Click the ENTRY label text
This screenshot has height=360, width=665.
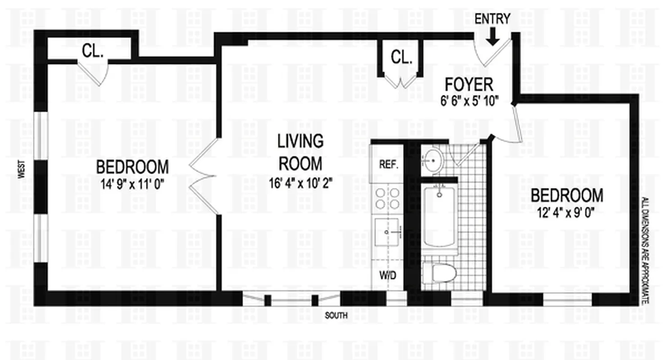coord(493,19)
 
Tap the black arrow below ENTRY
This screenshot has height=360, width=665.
coord(493,36)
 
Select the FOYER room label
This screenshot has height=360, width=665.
coord(469,84)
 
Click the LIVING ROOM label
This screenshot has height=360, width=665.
coord(300,152)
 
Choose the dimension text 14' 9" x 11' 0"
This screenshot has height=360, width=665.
coord(132,183)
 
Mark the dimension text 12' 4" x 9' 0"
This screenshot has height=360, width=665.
coord(566,211)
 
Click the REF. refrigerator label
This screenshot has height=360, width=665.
coord(388,165)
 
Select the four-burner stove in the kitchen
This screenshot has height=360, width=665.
coord(387,198)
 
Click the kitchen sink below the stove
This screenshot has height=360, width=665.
coord(387,232)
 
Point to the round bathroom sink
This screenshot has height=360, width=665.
coord(434,159)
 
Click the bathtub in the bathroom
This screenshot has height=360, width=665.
coord(439,216)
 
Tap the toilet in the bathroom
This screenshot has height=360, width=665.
coord(439,272)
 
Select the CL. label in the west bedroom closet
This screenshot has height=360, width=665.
coord(93,52)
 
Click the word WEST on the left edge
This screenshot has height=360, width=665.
coord(21,171)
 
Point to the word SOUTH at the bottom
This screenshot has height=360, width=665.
coord(336,316)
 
